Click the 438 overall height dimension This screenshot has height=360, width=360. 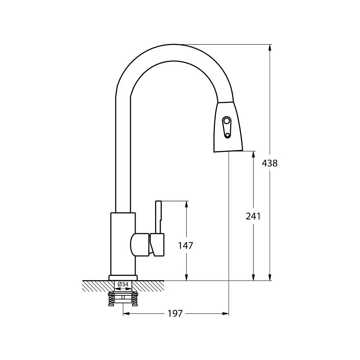click(270, 163)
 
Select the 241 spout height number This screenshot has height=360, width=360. click(253, 216)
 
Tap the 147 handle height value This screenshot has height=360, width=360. click(186, 246)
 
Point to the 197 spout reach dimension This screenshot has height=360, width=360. click(175, 313)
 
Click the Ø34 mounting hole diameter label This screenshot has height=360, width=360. click(123, 284)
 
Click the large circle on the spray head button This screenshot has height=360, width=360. click(226, 121)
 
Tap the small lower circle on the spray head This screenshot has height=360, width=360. click(227, 136)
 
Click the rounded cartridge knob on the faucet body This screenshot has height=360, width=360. click(140, 244)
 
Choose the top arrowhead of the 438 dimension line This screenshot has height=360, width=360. click(270, 47)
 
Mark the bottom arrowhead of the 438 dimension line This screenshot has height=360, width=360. click(270, 277)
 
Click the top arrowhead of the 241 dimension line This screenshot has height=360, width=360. click(253, 154)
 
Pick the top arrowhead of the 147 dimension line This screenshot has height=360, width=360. click(186, 204)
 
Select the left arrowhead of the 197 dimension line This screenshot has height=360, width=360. click(127, 313)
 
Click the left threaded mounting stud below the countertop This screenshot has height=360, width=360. click(111, 299)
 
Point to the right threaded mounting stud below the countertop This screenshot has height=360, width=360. click(135, 299)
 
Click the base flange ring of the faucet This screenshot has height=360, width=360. click(123, 278)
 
